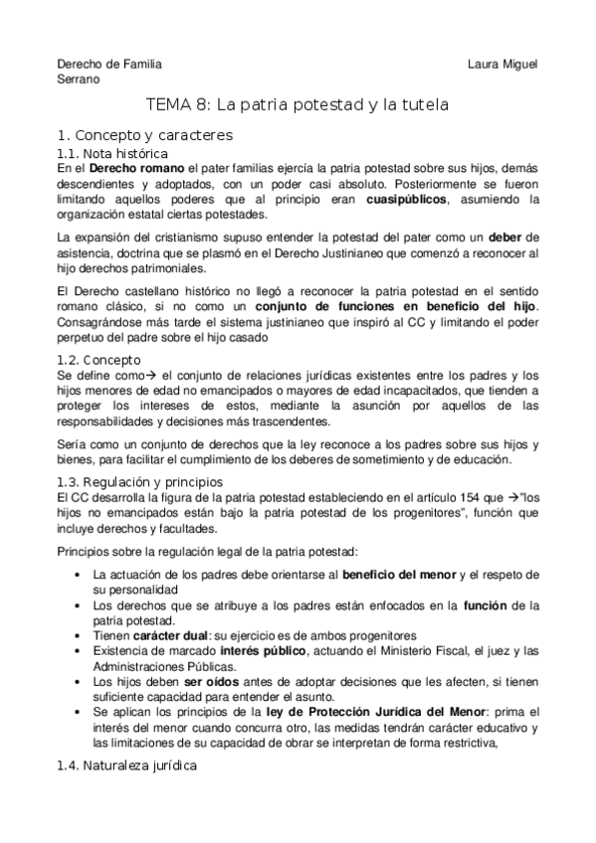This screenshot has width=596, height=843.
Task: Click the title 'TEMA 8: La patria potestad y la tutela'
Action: [298, 103]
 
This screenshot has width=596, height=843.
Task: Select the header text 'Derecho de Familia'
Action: [109, 64]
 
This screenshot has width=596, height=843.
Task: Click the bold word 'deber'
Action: [507, 238]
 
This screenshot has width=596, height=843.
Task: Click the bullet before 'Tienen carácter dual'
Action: [78, 636]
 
